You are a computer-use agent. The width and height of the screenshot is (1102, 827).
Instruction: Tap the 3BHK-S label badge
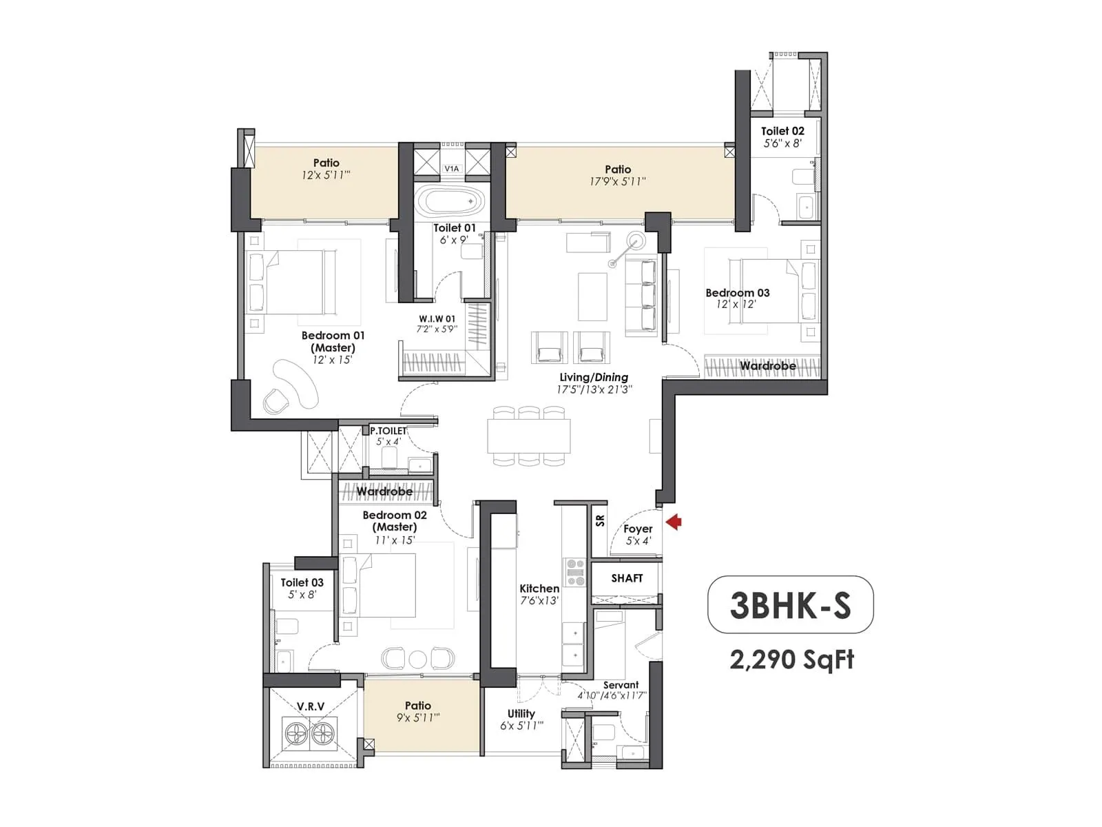790,604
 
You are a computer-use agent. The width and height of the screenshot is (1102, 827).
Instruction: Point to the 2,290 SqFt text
791,660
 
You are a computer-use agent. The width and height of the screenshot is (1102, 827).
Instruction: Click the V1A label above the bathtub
451,168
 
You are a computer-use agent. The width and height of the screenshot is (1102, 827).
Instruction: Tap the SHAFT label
627,578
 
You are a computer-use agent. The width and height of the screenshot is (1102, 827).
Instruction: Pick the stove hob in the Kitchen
575,573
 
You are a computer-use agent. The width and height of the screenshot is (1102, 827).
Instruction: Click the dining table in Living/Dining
528,436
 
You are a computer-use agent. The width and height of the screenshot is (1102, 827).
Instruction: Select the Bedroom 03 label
737,293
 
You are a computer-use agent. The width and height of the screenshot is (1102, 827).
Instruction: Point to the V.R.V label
311,706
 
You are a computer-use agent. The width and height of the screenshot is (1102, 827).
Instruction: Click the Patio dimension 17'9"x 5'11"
618,182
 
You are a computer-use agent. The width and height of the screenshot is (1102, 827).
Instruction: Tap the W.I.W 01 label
437,318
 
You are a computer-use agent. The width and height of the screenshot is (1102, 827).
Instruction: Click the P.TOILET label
388,431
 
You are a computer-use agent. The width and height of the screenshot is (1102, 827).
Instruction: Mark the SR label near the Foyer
600,520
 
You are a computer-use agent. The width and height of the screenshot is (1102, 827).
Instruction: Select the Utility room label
521,713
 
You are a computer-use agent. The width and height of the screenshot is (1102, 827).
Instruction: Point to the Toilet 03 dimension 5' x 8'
302,595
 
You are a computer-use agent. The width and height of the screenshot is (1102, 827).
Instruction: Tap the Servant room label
621,684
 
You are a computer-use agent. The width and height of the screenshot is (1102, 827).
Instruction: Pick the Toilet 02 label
782,131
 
